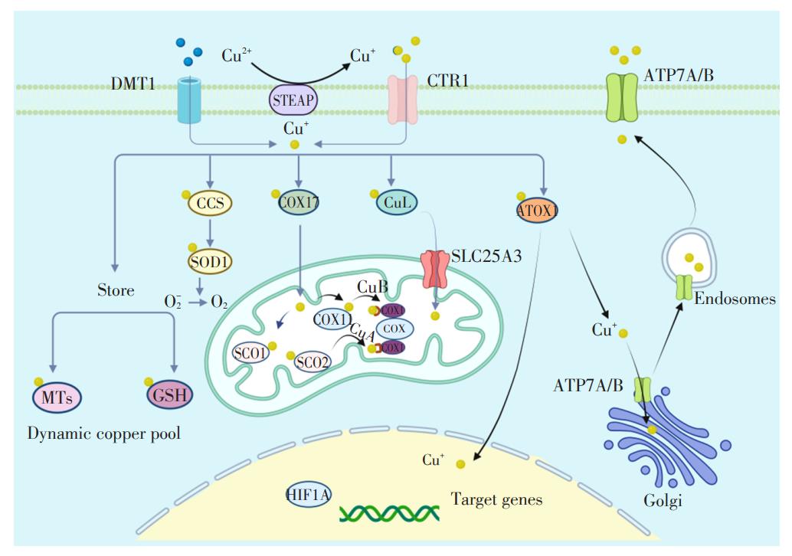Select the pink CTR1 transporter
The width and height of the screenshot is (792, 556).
(x=403, y=100)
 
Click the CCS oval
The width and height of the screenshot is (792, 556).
(x=209, y=204)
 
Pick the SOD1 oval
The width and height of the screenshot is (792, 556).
(x=209, y=260)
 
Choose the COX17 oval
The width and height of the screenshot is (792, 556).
(x=299, y=203)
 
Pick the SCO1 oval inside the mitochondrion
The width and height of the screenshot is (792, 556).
(x=252, y=353)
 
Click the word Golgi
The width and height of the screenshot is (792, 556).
(x=663, y=502)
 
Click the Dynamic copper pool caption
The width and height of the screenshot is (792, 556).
(x=104, y=433)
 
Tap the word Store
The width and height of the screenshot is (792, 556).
(x=116, y=290)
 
